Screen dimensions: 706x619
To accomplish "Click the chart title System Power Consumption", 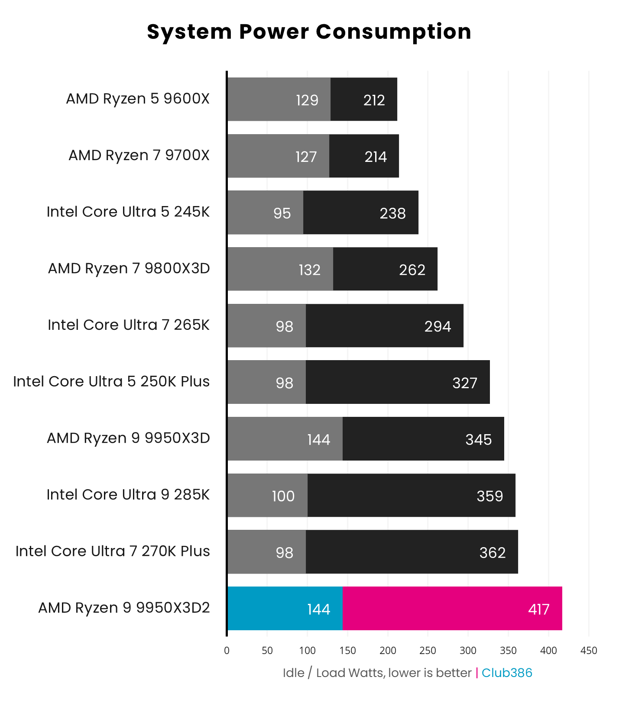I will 309,32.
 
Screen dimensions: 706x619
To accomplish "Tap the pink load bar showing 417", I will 452,608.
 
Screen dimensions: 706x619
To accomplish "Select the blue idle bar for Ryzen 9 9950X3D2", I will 285,608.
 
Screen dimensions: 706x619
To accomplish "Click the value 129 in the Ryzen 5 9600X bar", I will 307,100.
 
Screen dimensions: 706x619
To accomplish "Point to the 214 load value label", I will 375,157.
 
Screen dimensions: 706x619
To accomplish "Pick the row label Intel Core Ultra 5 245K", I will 128,212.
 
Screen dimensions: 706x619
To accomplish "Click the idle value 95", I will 282,213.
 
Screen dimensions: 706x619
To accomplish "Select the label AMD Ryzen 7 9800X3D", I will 129,268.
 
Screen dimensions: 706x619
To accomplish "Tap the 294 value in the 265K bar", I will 438,326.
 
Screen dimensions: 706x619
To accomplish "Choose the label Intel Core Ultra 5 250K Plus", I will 111,381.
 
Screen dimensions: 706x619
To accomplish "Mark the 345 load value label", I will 478,440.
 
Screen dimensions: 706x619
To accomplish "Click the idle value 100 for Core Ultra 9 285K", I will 283,496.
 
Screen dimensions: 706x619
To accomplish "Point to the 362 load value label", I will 492,553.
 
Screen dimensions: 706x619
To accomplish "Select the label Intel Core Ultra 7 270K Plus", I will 113,551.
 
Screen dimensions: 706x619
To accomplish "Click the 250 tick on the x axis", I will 428,651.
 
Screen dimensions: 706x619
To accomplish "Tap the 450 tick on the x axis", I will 588,651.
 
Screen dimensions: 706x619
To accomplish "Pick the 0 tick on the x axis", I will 227,651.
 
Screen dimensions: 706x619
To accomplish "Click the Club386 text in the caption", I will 506,673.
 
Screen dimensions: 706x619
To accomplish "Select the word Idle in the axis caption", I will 293,673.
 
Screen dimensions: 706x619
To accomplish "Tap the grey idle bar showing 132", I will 280,269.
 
